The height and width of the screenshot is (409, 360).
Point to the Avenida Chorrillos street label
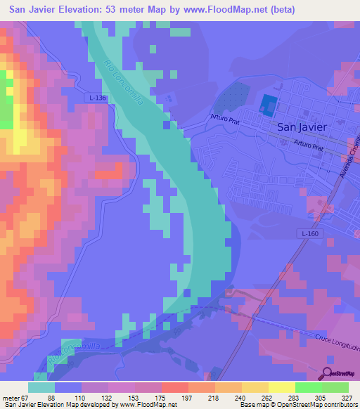pyautogui.click(x=347, y=163)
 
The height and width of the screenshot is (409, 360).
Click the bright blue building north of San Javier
pyautogui.click(x=268, y=105)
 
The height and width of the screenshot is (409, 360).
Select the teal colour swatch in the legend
pyautogui.click(x=41, y=387)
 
